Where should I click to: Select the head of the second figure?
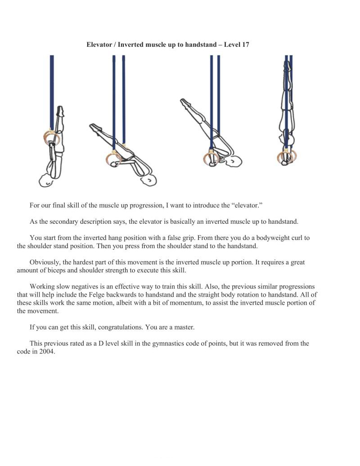(149, 181)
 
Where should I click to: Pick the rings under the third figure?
(211, 159)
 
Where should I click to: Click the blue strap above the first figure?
(52, 90)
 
